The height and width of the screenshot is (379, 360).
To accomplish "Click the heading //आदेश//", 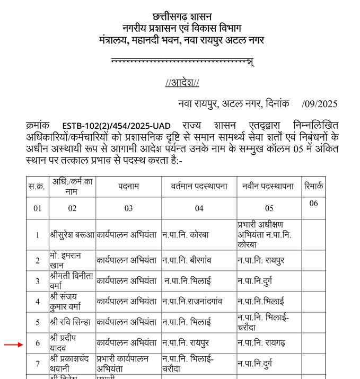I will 182,83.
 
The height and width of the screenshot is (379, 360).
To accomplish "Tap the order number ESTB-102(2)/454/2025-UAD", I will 117,126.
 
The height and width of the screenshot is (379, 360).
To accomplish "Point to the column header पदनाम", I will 128,187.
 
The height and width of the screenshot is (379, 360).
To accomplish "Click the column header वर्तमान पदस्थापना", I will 199,187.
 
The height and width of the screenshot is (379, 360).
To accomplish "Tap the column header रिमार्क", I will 313,187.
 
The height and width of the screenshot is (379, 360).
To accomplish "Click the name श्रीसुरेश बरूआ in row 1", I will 72,235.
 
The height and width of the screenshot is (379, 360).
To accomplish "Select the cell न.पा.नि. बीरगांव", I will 191,260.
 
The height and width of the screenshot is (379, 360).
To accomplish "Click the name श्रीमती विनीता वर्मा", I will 71,280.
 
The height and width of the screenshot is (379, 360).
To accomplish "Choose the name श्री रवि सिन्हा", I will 71,322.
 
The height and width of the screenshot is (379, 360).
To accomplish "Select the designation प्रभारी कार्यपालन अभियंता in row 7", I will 123,363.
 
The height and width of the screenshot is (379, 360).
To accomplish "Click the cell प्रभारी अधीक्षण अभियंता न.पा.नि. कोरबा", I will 265,235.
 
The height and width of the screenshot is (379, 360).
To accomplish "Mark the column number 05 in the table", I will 269,208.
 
